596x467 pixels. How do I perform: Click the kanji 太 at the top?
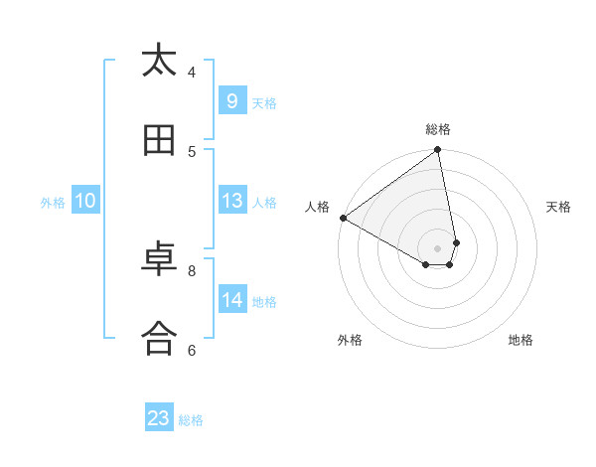[159, 61]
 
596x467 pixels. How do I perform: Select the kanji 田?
[159, 142]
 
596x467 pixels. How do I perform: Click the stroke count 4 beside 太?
[192, 72]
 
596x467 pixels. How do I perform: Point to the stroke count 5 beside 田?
[192, 151]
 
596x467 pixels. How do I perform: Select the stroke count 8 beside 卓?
[192, 269]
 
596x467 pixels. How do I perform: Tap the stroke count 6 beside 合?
[192, 349]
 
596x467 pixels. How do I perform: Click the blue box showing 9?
[231, 100]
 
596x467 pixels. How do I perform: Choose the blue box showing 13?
[231, 201]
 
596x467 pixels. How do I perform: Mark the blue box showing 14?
[231, 299]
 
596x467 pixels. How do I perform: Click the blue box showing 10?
[85, 201]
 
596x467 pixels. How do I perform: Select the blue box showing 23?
[159, 418]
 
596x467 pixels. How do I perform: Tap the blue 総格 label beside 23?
[191, 420]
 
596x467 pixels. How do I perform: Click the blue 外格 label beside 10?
[53, 203]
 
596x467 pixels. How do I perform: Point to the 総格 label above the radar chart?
[438, 129]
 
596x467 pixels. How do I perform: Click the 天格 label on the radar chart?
[558, 207]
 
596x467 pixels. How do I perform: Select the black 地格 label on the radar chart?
[521, 340]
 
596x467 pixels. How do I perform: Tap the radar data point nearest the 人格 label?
[343, 218]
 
